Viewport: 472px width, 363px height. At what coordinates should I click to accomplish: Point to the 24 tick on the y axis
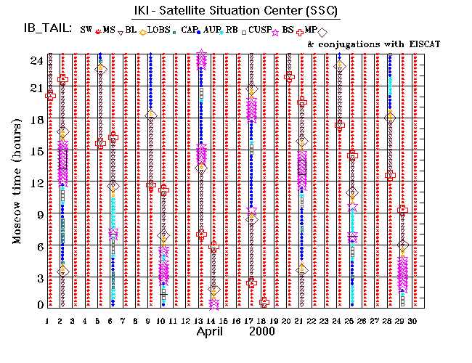pos(36,61)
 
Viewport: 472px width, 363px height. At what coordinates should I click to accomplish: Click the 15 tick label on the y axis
pos(36,151)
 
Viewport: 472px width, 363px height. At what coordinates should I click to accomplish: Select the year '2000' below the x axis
pos(262,331)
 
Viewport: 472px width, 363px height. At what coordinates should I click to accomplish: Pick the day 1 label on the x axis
pos(47,321)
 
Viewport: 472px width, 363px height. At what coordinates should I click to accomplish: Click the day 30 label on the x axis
pos(413,321)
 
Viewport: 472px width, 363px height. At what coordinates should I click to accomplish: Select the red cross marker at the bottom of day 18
pos(264,302)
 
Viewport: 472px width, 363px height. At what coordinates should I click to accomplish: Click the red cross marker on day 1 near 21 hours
pos(50,95)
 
